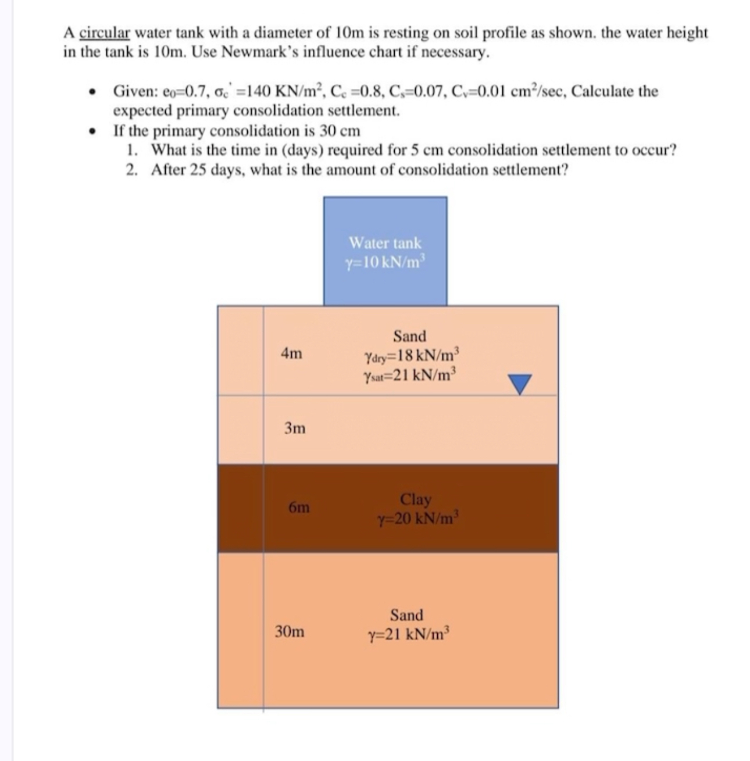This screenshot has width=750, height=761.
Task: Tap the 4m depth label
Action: (x=292, y=353)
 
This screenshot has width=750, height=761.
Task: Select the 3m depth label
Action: (x=295, y=428)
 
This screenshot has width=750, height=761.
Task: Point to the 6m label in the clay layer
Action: (x=299, y=507)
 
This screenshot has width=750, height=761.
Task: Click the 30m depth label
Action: (x=290, y=631)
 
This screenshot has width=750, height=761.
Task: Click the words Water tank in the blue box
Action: (x=385, y=243)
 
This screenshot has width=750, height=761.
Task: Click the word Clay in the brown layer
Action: (x=416, y=499)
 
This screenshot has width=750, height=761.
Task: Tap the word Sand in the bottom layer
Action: (x=406, y=615)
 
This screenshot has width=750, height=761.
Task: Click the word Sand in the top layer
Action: (x=409, y=336)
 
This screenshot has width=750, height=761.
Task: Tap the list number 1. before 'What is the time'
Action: (x=133, y=150)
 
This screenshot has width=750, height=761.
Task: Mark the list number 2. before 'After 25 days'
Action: (x=133, y=170)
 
